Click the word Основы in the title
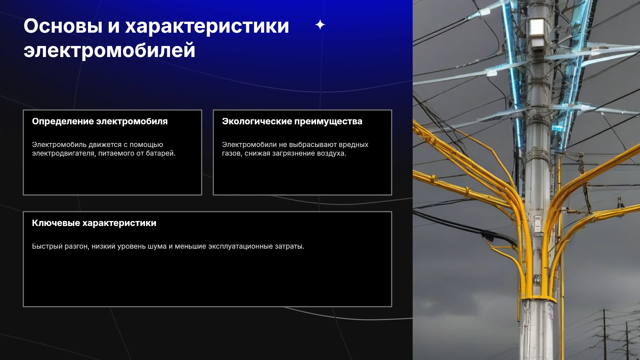[x=63, y=26]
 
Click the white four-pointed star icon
[x=320, y=25]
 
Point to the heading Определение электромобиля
[x=100, y=122]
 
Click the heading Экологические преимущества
[x=292, y=122]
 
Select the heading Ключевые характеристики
[x=94, y=223]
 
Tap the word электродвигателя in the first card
[x=64, y=154]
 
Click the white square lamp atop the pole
[x=537, y=27]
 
